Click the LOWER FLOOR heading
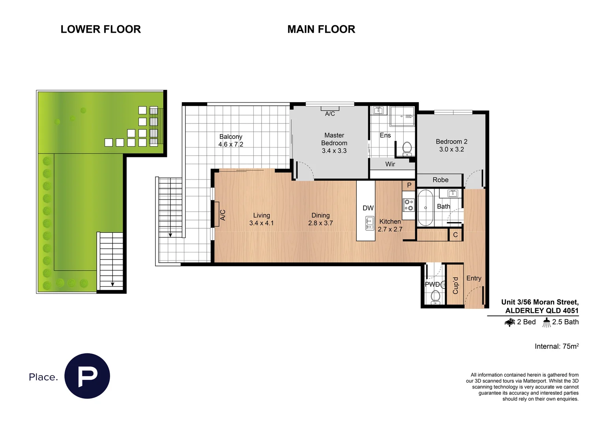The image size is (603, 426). tap(101, 29)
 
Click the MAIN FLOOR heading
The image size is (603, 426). tap(321, 29)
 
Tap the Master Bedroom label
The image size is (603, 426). tap(334, 139)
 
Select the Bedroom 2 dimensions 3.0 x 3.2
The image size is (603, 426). tap(451, 149)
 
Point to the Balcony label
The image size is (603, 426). tap(231, 136)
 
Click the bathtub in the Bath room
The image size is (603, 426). tap(425, 207)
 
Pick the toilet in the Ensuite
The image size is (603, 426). tap(407, 148)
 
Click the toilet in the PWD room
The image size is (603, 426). tap(435, 296)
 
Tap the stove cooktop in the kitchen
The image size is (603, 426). tap(408, 205)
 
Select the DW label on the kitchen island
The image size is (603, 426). tap(368, 208)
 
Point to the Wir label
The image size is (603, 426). tap(390, 164)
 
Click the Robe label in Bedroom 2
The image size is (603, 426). tap(440, 180)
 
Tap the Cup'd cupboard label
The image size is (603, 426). tap(455, 285)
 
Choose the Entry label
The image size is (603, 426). tap(474, 278)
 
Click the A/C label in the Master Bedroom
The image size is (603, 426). tap(330, 114)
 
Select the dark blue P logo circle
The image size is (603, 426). tap(87, 376)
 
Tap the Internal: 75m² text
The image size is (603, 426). tap(556, 346)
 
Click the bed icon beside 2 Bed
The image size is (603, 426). tap(509, 322)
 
